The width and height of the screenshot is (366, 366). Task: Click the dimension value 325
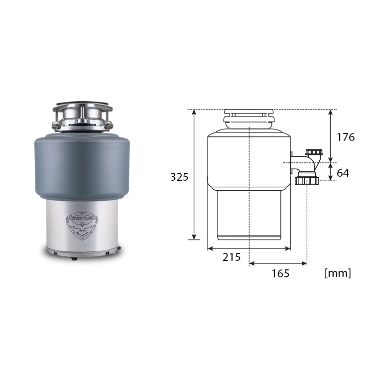click(x=179, y=177)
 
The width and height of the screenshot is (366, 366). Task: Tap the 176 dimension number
click(x=346, y=137)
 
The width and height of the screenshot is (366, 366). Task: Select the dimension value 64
click(x=343, y=173)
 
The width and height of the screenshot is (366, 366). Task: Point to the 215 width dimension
click(x=232, y=257)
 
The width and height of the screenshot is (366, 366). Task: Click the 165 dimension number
click(x=280, y=273)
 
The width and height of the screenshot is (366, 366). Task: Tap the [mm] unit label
click(x=338, y=273)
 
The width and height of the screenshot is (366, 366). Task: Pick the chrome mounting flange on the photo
click(x=82, y=117)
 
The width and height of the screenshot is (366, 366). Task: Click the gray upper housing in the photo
click(x=82, y=166)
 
